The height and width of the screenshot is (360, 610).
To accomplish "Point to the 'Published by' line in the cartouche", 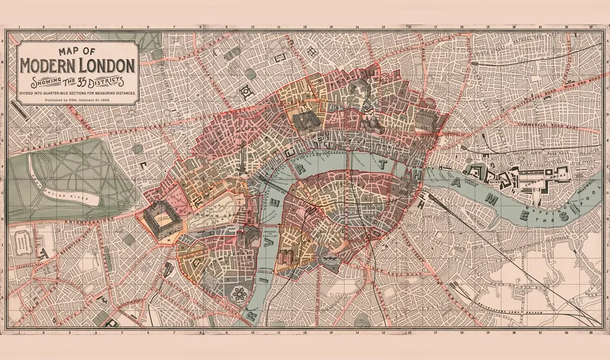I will pyautogui.click(x=78, y=98).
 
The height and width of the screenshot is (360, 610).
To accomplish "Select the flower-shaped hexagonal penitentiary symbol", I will pyautogui.click(x=240, y=293).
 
